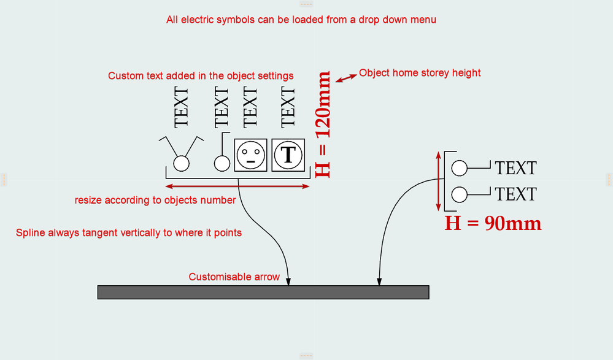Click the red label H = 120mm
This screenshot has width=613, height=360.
[323, 124]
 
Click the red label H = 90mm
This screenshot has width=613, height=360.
[493, 223]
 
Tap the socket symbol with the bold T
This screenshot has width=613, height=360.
[288, 155]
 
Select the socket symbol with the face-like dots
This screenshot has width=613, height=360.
[250, 155]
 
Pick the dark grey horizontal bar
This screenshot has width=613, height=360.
[263, 292]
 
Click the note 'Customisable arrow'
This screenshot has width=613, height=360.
[234, 277]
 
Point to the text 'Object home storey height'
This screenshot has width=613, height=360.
[420, 73]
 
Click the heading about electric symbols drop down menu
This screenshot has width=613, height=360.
[301, 20]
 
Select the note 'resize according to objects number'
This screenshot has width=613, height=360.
[155, 200]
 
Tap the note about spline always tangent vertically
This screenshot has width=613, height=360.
[128, 233]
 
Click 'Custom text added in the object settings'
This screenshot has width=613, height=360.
[201, 76]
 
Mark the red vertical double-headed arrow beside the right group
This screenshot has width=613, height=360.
[438, 181]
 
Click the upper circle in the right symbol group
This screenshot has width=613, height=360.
[460, 167]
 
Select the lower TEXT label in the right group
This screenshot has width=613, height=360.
[515, 194]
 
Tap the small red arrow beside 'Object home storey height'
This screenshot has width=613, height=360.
[345, 78]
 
